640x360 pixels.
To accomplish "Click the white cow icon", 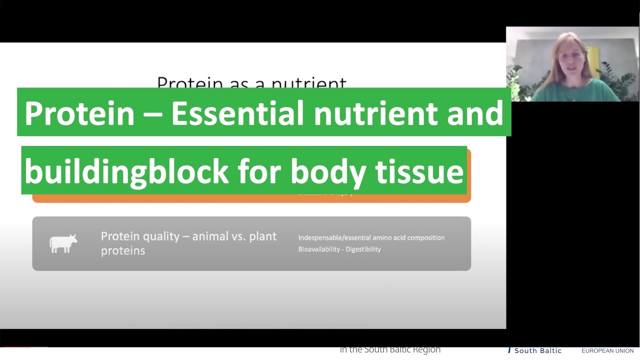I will tap(63, 243).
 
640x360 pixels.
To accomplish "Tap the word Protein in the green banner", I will tap(79, 113).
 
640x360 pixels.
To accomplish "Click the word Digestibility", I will tap(365, 249).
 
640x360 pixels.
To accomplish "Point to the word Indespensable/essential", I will tap(334, 237).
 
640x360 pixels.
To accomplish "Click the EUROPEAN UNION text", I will tap(607, 351).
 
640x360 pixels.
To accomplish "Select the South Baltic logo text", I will tap(537, 351).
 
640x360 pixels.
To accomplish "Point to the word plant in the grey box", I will tap(262, 236).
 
